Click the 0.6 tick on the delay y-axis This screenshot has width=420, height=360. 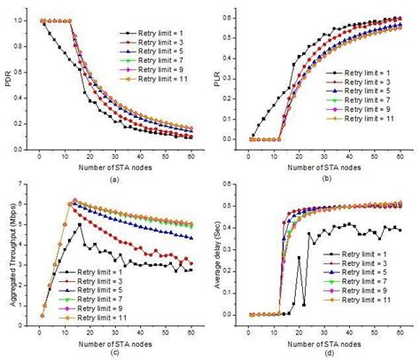[x=235, y=184]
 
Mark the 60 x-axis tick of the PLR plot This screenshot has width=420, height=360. [x=402, y=153]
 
